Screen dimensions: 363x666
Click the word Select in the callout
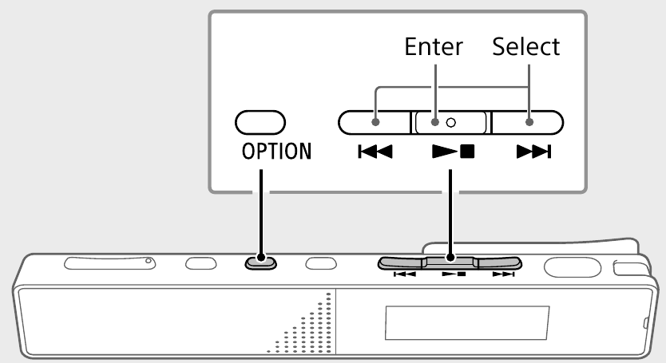(525, 47)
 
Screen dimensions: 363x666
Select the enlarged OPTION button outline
(260, 122)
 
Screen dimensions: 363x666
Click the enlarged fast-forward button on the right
(527, 122)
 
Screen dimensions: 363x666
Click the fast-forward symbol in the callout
(528, 151)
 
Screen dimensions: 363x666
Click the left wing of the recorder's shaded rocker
(402, 262)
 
